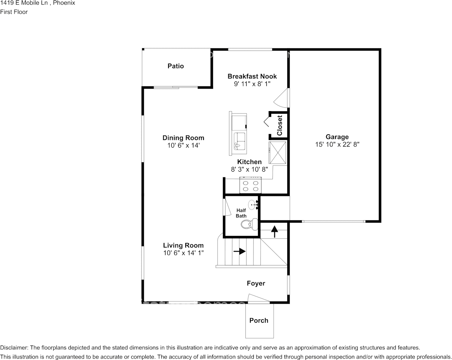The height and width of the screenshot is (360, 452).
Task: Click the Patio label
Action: point(175,66)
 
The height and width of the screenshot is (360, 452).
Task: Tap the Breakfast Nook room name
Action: point(252,76)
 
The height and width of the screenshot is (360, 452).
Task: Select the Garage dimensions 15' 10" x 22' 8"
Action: point(337,144)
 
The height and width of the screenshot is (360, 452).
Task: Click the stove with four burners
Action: point(250,185)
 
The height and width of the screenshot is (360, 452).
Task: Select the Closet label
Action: point(280,125)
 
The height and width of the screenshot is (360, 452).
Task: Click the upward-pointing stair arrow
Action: point(274,231)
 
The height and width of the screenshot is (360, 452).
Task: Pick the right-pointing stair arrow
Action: point(239,251)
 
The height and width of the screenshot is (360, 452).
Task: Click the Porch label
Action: point(259,320)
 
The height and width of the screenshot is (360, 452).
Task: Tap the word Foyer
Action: point(256,284)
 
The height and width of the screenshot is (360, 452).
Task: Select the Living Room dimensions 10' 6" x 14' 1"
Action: point(183,253)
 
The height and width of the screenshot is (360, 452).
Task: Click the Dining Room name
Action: point(183,138)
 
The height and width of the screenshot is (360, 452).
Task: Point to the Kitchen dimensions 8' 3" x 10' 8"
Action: point(249,169)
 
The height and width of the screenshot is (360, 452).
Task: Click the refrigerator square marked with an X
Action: point(278,153)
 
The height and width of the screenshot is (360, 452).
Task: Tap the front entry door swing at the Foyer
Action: point(259,298)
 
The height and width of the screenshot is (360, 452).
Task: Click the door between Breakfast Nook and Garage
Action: point(281,98)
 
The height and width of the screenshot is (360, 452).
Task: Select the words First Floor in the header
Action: point(14,12)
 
